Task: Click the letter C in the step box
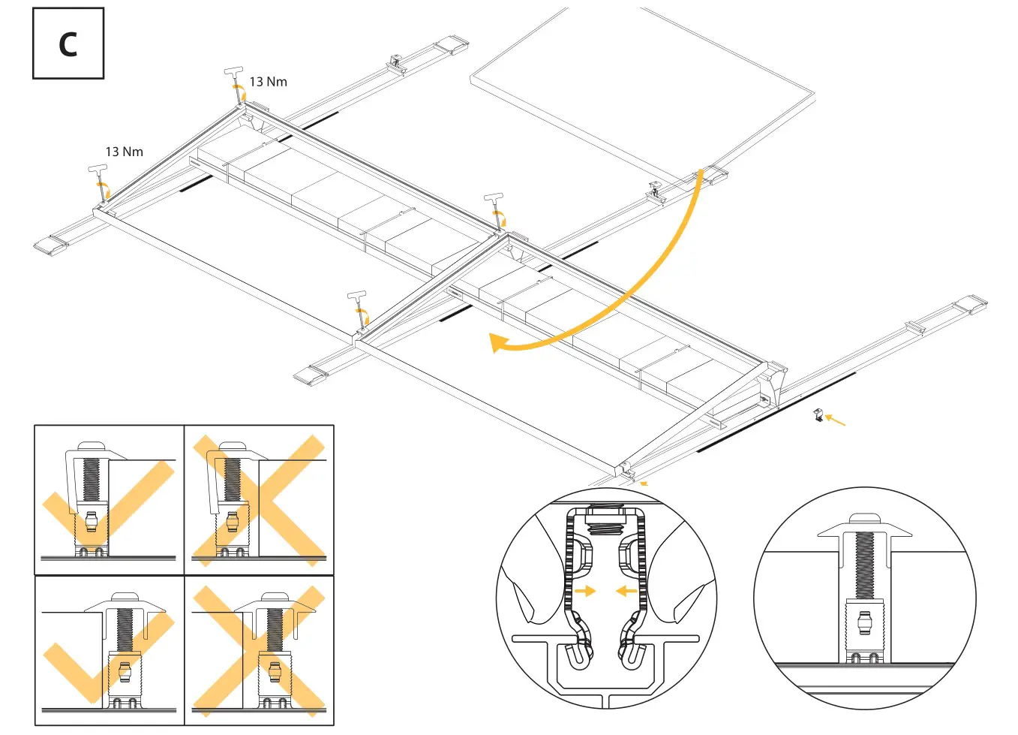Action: pyautogui.click(x=68, y=45)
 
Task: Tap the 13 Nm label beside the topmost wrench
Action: pyautogui.click(x=268, y=82)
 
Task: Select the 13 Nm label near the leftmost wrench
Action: pyautogui.click(x=124, y=152)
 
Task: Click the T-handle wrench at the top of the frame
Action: pyautogui.click(x=235, y=83)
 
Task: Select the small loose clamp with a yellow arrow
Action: pyautogui.click(x=818, y=414)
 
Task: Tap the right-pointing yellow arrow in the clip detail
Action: pyautogui.click(x=584, y=591)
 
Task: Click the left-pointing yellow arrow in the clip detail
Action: pyautogui.click(x=626, y=591)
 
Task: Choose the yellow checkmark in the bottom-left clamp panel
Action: pyautogui.click(x=105, y=653)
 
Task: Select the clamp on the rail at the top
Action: pyautogui.click(x=396, y=64)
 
